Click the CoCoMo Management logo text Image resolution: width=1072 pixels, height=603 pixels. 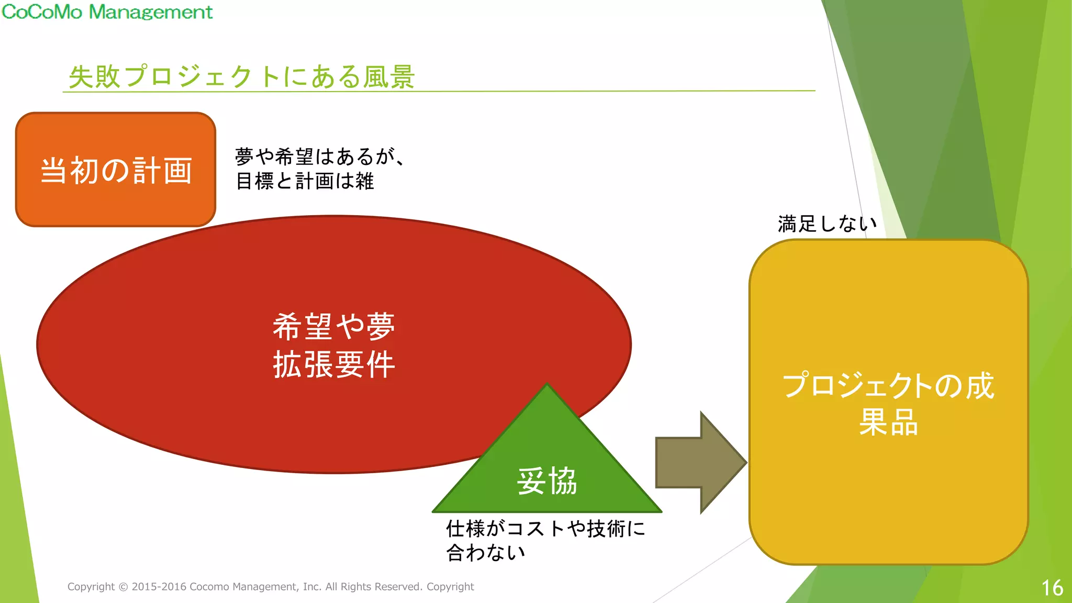click(107, 12)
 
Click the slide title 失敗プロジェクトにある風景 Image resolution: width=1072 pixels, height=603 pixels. click(242, 76)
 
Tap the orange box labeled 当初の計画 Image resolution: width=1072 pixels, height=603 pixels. click(116, 170)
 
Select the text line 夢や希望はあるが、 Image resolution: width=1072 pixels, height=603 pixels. click(320, 157)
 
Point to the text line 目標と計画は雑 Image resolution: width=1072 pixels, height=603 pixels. click(305, 181)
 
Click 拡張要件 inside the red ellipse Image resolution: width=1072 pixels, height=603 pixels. click(334, 364)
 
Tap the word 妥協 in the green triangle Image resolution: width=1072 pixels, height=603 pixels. click(547, 481)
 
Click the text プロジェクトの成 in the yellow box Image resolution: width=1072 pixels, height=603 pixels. click(888, 386)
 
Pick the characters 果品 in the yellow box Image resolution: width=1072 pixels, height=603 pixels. click(888, 422)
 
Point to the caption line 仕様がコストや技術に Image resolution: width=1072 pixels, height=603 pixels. click(545, 529)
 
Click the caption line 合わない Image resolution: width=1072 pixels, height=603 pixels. click(485, 553)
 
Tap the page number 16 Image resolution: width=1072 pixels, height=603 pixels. click(1052, 588)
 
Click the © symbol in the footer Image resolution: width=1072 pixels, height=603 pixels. click(123, 587)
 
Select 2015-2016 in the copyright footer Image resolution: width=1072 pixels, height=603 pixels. click(159, 587)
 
